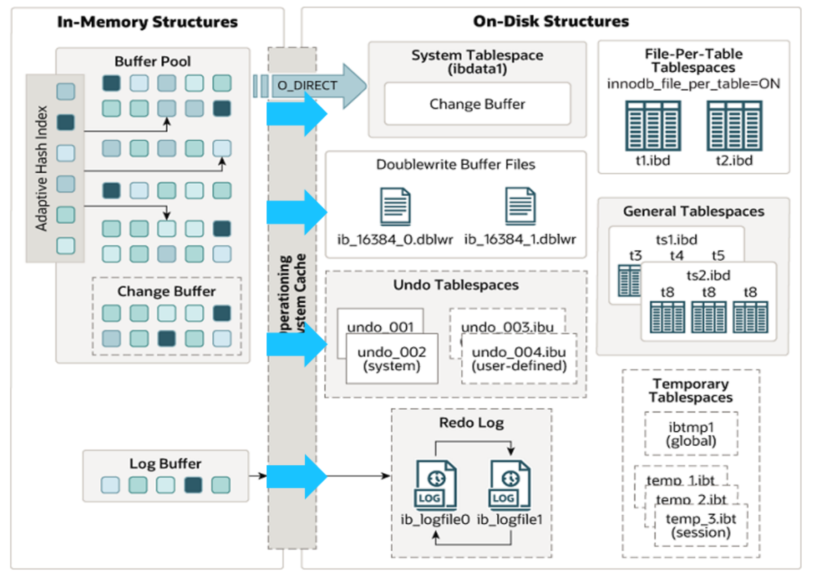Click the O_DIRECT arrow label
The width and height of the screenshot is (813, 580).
click(x=307, y=86)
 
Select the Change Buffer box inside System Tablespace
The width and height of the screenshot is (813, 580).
click(x=477, y=104)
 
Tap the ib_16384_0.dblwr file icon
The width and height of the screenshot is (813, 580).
click(x=395, y=207)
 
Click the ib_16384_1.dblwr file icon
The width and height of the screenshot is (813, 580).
click(x=520, y=207)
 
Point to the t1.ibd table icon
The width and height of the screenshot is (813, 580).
click(x=653, y=126)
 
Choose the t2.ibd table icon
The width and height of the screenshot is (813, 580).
click(x=734, y=126)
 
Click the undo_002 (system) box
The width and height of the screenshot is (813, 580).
click(x=392, y=359)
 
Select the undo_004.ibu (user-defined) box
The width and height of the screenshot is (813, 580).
click(x=519, y=359)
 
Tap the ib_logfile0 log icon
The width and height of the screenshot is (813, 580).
click(x=436, y=485)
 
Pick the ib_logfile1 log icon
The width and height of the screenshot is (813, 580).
click(x=509, y=485)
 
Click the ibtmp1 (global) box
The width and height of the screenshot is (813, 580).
click(x=691, y=434)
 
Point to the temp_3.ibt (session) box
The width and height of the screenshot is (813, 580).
click(x=701, y=526)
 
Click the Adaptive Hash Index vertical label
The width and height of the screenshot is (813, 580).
click(x=41, y=168)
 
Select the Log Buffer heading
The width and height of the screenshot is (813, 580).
click(x=165, y=464)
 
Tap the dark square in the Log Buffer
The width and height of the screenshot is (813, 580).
click(x=193, y=485)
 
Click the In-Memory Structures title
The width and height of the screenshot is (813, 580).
click(x=148, y=22)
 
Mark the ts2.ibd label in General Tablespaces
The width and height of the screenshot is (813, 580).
click(x=708, y=275)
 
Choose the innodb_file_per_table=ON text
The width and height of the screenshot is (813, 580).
click(x=693, y=84)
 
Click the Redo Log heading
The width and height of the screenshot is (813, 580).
click(x=471, y=423)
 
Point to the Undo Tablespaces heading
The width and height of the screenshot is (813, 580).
click(x=456, y=285)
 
